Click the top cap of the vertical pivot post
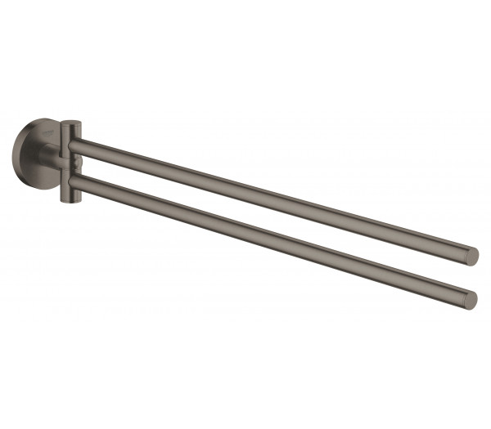[x=71, y=123]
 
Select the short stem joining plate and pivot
[x=54, y=155]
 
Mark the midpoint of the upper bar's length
[x=274, y=199]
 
